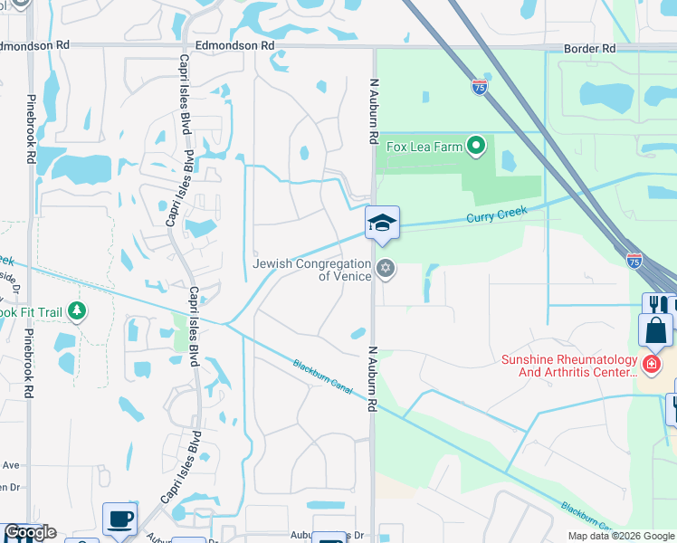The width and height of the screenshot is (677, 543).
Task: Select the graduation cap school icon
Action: pyautogui.click(x=382, y=223)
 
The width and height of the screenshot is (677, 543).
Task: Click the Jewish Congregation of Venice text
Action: pyautogui.click(x=312, y=270)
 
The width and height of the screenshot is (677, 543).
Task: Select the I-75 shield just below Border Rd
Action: pyautogui.click(x=480, y=87)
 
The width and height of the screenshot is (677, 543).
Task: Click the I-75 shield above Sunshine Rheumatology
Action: pyautogui.click(x=634, y=259)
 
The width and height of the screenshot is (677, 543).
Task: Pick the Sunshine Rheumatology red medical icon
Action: pyautogui.click(x=650, y=364)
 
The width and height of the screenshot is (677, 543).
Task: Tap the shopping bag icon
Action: pyautogui.click(x=655, y=330)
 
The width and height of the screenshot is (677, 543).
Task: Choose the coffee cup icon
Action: pyautogui.click(x=119, y=519)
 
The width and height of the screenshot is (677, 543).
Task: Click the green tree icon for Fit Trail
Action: pyautogui.click(x=77, y=312)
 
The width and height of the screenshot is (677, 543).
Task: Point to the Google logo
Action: pyautogui.click(x=30, y=532)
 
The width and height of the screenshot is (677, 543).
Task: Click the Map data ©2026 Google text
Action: pyautogui.click(x=620, y=536)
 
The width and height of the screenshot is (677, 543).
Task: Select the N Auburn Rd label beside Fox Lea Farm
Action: pyautogui.click(x=372, y=110)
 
